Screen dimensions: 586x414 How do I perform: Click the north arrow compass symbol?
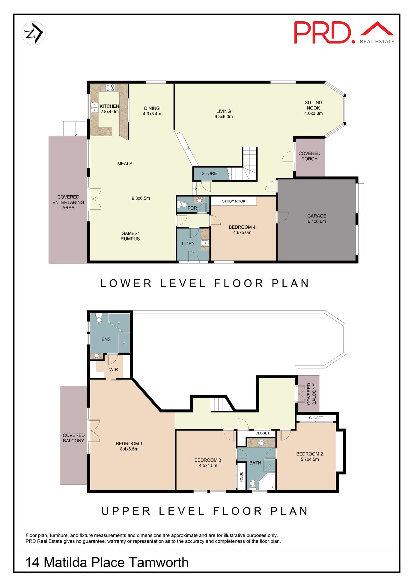[34, 33]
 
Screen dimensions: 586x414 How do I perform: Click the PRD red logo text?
[323, 32]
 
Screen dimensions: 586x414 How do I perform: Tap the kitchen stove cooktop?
[110, 88]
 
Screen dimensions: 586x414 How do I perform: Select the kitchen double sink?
[94, 107]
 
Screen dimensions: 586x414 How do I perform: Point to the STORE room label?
[209, 173]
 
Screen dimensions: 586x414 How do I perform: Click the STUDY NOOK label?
[234, 201]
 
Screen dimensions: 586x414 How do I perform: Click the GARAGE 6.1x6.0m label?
[317, 219]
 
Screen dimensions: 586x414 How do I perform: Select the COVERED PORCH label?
[309, 156]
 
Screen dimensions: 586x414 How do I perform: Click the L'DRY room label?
[188, 244]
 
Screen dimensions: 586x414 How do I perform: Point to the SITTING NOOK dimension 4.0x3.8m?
[313, 113]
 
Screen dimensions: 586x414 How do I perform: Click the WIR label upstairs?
[113, 370]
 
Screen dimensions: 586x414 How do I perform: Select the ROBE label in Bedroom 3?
[241, 477]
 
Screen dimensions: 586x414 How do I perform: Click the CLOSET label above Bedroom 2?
[316, 418]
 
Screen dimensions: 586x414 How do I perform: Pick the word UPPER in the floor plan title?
[126, 511]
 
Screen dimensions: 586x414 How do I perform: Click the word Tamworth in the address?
[159, 563]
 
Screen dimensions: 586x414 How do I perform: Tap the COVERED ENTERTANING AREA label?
[68, 202]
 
